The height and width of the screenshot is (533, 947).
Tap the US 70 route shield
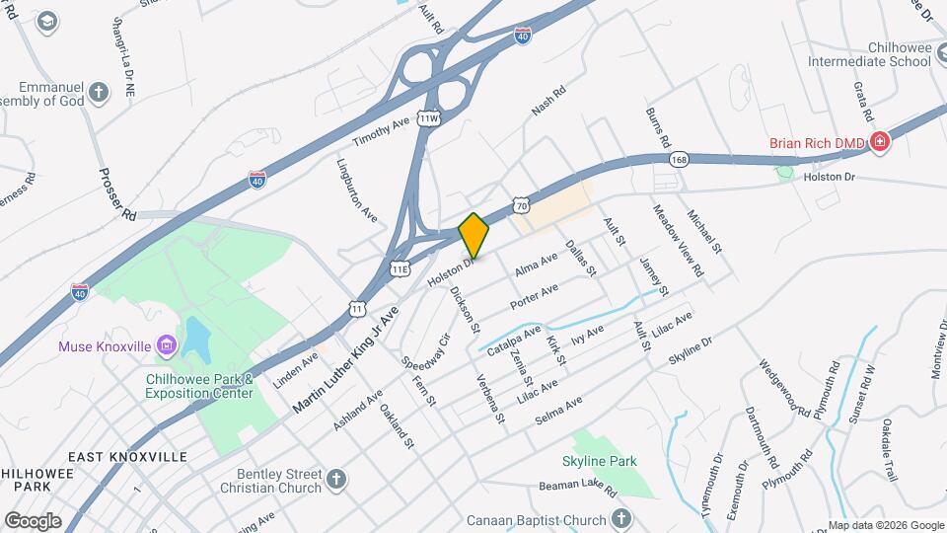[523, 202]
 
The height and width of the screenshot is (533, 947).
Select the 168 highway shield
[679, 157]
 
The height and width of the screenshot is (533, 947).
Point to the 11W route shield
[427, 117]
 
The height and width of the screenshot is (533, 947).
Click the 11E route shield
[400, 267]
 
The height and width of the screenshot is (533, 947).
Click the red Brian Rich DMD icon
[880, 143]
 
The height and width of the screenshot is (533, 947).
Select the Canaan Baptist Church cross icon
[620, 519]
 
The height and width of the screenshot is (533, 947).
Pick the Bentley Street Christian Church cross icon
[337, 480]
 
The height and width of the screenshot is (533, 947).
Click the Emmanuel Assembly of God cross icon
[98, 93]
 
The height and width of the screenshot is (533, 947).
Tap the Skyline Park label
[600, 461]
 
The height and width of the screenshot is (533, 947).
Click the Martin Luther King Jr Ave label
[345, 358]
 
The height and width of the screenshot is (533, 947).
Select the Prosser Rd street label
[116, 193]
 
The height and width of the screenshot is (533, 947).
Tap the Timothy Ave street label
[381, 132]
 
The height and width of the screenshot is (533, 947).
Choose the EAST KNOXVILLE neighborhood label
[128, 457]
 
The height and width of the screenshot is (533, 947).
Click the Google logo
[33, 520]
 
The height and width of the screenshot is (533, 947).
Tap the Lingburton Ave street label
[357, 190]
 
